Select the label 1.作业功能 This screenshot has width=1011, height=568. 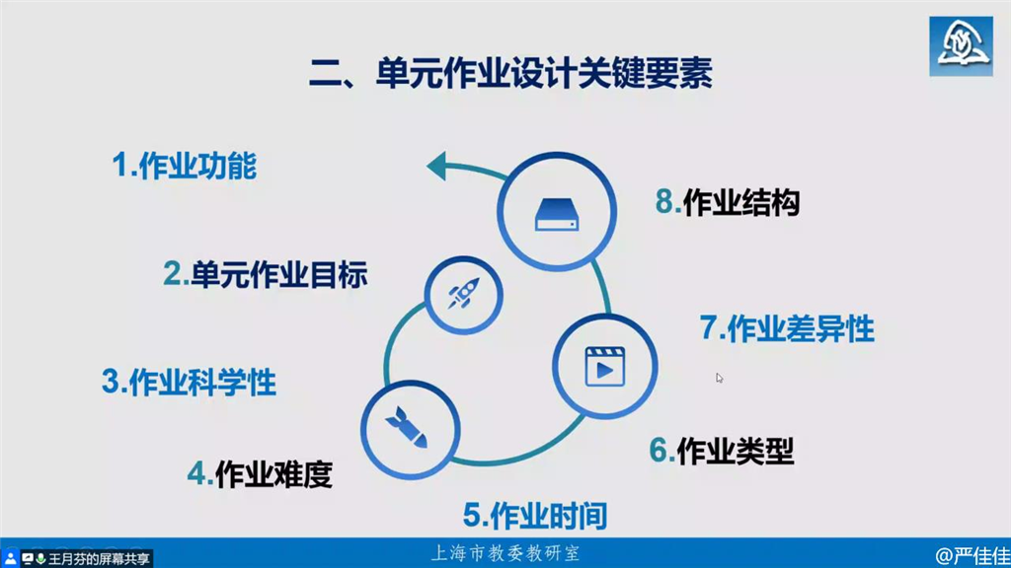[x=185, y=166]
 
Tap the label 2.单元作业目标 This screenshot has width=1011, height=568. [x=265, y=274]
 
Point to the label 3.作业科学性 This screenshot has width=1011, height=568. [x=190, y=382]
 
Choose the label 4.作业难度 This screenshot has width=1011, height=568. [x=260, y=474]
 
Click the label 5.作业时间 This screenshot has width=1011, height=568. [x=535, y=516]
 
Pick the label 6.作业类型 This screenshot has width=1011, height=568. [x=722, y=450]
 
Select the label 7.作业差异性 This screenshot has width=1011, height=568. [x=787, y=328]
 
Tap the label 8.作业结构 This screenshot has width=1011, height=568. [x=728, y=202]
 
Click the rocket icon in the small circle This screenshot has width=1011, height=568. [x=464, y=294]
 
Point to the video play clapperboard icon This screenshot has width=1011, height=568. [x=605, y=367]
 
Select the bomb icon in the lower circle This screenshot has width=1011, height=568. [x=408, y=427]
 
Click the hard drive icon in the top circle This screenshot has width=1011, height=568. [x=557, y=214]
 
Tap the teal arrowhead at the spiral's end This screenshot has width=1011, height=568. [x=437, y=166]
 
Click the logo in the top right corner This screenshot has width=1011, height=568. [x=961, y=46]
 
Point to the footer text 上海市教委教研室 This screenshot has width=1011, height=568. [x=505, y=553]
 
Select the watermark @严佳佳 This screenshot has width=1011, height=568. [x=972, y=556]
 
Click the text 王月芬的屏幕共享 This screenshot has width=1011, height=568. [x=99, y=558]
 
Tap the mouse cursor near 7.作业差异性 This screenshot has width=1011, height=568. [x=720, y=378]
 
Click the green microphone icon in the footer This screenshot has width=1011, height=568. [x=40, y=558]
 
